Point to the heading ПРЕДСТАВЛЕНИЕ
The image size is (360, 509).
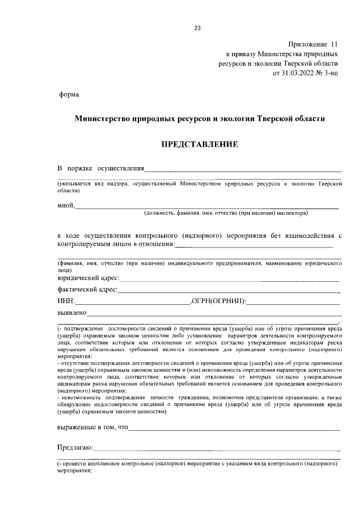(x=200, y=145)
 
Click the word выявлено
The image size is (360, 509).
(x=71, y=313)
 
